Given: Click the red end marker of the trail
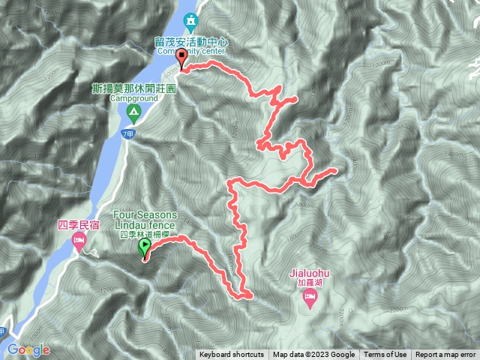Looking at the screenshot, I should coord(182,60).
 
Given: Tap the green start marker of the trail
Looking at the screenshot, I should coord(144,247).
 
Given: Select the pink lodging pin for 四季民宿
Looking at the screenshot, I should coord(78,241).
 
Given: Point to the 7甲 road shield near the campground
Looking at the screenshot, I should coord(127,134).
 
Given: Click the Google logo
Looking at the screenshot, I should coord(28,349).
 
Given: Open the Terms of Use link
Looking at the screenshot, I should coord(385,355).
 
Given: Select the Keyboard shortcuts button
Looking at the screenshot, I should coord(232,355).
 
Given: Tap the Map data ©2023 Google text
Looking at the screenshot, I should coord(313,355).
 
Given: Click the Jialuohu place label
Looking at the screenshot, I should coord(308,274).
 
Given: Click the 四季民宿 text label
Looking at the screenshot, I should coord(77,223).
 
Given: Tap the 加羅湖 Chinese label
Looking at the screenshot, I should coord(309,283).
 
